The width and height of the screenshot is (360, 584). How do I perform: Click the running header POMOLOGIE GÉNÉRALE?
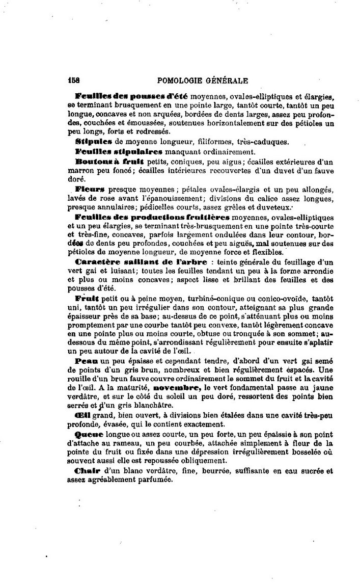point(203,80)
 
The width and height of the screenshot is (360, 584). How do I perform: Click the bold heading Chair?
point(87,470)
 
